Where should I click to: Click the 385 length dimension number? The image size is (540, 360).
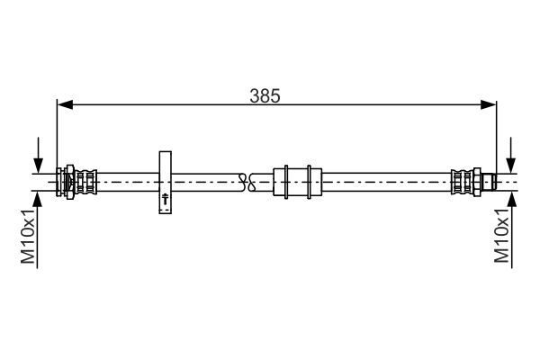pos(265,96)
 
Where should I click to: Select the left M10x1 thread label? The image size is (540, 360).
pos(28,235)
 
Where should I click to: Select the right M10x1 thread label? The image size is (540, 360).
pos(501,235)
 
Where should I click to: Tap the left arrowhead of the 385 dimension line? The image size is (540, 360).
pos(65,104)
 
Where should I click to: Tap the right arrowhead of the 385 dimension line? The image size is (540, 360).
pos(489,104)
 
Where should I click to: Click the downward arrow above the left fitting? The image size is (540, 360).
pos(38,155)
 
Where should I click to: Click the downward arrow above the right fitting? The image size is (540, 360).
pos(511,155)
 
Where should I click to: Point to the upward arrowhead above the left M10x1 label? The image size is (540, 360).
pos(37,200)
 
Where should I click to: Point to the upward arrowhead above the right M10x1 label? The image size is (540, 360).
pos(512,200)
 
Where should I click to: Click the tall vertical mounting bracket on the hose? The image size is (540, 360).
pos(166,182)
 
